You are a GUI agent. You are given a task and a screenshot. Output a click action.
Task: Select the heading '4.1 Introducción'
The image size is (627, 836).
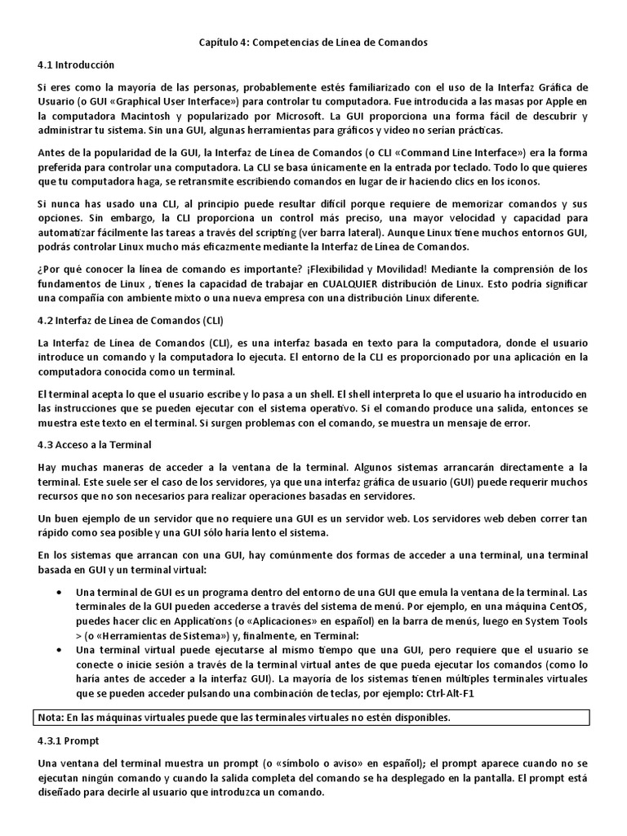pos(76,64)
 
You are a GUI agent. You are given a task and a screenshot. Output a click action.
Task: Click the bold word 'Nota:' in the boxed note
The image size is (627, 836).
pos(53,718)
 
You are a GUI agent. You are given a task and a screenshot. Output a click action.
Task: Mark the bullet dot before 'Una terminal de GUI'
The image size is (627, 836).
pos(60,592)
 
